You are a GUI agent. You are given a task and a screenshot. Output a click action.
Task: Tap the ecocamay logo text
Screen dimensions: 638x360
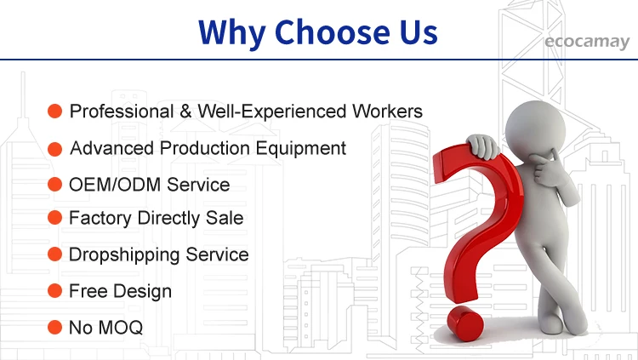587,42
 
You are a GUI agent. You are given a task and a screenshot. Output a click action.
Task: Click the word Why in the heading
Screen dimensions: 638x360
232,33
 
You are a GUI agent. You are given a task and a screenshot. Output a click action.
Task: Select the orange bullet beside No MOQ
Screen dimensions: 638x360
55,327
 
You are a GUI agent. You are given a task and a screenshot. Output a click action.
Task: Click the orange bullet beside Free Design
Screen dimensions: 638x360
55,291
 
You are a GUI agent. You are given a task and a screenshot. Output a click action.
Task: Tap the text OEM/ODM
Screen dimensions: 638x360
115,185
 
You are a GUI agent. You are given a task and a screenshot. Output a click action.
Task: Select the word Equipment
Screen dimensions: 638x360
300,149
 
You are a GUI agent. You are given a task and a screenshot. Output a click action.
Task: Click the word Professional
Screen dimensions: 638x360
122,111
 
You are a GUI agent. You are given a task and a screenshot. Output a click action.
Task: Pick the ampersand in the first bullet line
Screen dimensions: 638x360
185,111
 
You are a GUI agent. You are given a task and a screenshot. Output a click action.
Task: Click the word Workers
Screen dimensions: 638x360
387,111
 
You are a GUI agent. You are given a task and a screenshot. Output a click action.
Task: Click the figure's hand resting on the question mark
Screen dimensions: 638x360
483,146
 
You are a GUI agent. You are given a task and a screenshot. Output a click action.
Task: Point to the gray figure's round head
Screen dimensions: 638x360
535,129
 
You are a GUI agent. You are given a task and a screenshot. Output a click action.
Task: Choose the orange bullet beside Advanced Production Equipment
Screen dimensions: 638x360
55,149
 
